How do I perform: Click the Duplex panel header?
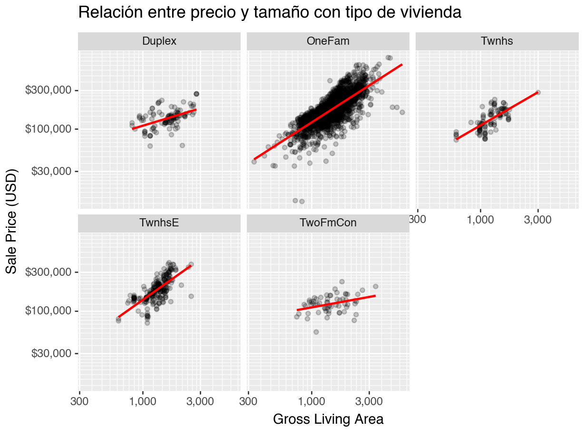pyautogui.click(x=159, y=41)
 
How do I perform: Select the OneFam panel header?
pyautogui.click(x=328, y=41)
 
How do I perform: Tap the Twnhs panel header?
pyautogui.click(x=497, y=41)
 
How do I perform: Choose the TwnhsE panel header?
pyautogui.click(x=159, y=223)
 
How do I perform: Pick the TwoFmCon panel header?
pyautogui.click(x=328, y=223)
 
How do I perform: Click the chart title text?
pyautogui.click(x=270, y=13)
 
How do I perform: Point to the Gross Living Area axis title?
pyautogui.click(x=328, y=419)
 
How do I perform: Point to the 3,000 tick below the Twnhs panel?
pyautogui.click(x=538, y=221)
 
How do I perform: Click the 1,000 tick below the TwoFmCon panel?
pyautogui.click(x=311, y=402)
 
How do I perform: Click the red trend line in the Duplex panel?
pyautogui.click(x=164, y=119)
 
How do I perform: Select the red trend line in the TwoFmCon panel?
pyautogui.click(x=336, y=303)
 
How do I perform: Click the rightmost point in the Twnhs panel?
pyautogui.click(x=538, y=92)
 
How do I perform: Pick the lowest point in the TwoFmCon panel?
pyautogui.click(x=316, y=332)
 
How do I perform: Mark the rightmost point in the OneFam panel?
pyautogui.click(x=402, y=112)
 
